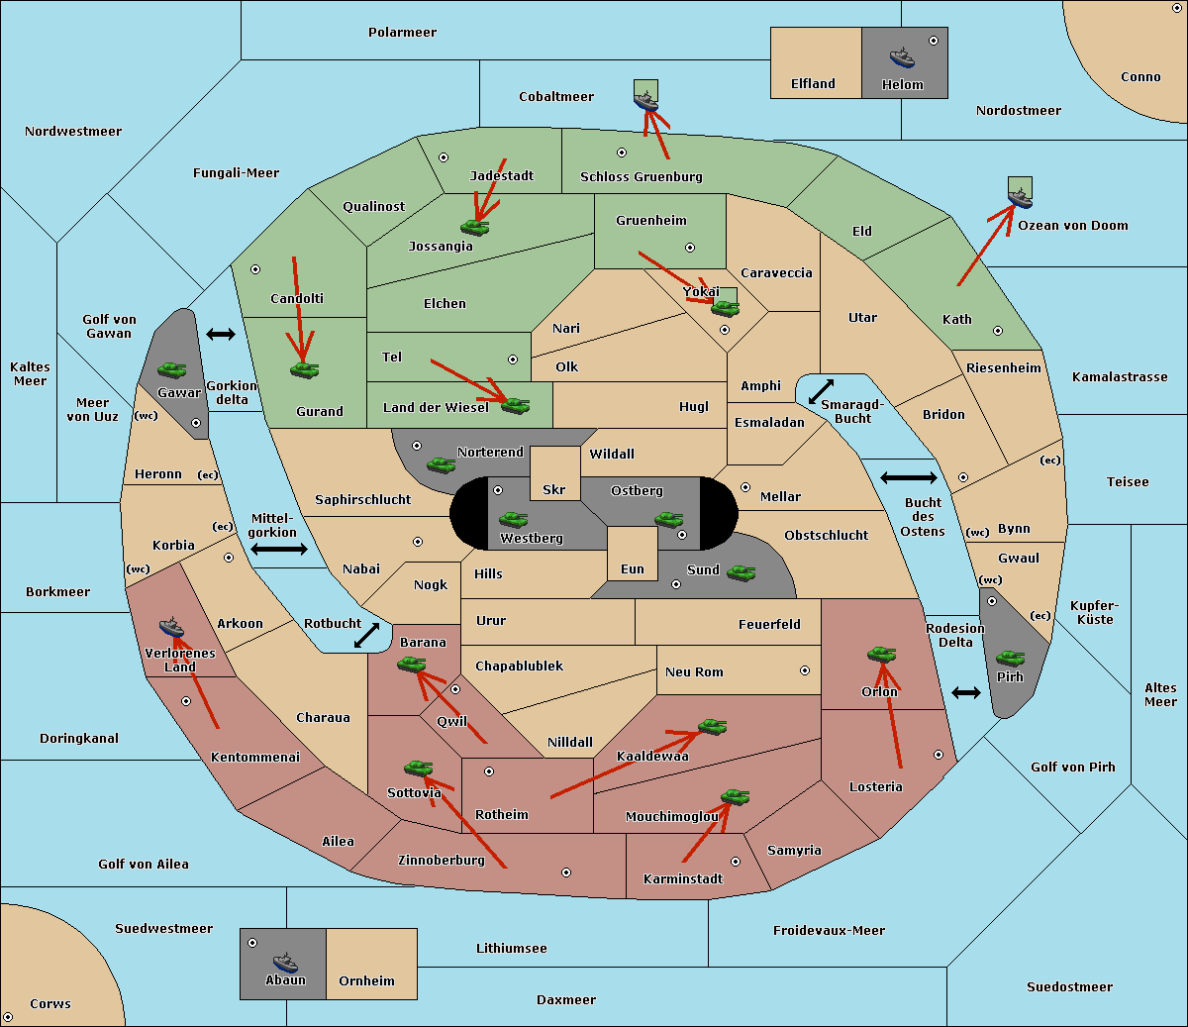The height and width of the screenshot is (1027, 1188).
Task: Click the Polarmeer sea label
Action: [x=402, y=33]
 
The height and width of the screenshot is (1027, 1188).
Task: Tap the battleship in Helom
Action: [x=901, y=57]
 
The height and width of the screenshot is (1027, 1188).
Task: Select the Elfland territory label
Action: [x=813, y=84]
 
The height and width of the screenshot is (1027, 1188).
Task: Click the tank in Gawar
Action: [x=172, y=369]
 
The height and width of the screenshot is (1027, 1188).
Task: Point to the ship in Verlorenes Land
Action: [x=171, y=628]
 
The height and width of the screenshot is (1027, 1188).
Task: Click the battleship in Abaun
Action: [x=285, y=962]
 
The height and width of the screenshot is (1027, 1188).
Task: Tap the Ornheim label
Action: [x=366, y=981]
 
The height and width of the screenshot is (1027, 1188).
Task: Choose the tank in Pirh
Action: [x=1010, y=659]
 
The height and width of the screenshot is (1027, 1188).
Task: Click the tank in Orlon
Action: [x=880, y=655]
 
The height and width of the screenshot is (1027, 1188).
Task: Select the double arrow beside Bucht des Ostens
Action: [x=908, y=478]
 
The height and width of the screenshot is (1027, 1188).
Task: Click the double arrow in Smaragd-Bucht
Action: [x=821, y=391]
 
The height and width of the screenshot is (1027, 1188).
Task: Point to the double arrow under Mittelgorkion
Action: [x=279, y=550]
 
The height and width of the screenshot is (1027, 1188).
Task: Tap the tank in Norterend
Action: [x=441, y=464]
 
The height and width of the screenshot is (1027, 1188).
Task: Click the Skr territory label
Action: [x=554, y=490]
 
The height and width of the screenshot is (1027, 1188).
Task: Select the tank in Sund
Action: [x=741, y=572]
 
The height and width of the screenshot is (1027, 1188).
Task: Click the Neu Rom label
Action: [x=694, y=672]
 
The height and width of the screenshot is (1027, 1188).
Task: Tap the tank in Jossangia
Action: [x=474, y=228]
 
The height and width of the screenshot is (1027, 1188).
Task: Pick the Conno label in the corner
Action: [x=1140, y=77]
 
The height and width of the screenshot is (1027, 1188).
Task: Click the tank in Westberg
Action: [x=513, y=519]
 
